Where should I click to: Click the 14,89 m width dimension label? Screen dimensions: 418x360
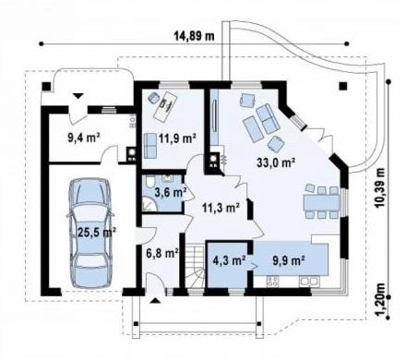[194, 36]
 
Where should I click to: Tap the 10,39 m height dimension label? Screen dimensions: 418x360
[380, 187]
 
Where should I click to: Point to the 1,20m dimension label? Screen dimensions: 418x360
[380, 299]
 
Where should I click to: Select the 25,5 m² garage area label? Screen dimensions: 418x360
[97, 232]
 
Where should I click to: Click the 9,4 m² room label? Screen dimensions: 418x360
[84, 138]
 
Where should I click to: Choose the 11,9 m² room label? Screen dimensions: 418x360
[177, 138]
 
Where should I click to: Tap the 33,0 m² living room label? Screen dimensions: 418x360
[276, 162]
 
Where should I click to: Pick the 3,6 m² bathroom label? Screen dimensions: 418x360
[171, 193]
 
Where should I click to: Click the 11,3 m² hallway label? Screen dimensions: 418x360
[221, 208]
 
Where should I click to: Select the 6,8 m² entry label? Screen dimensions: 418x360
[162, 253]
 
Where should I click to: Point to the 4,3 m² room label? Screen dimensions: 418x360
[229, 260]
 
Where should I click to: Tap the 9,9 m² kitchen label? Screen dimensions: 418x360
[289, 260]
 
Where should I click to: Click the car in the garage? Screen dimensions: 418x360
[90, 233]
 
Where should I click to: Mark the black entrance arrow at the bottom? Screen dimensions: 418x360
[156, 301]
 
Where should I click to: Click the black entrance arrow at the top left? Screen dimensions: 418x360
[78, 95]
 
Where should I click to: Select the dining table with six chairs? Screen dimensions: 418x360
[322, 201]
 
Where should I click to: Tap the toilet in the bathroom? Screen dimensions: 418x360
[149, 182]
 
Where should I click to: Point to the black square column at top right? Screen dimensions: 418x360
[343, 86]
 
